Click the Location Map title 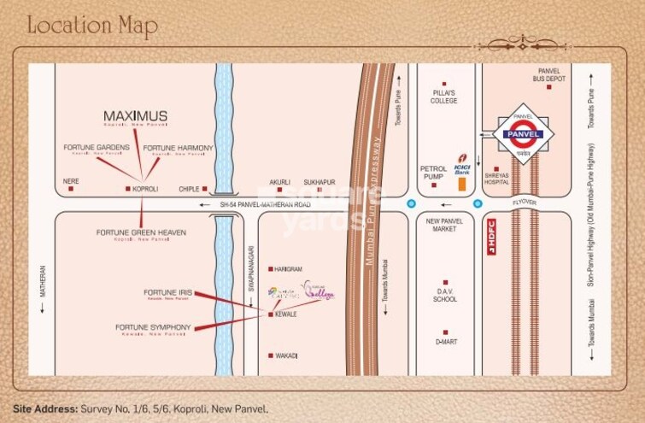click(92, 25)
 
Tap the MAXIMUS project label click(135, 115)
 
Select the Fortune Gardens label click(97, 147)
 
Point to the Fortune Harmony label click(178, 148)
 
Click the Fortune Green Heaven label click(141, 232)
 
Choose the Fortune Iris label click(167, 293)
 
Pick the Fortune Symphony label click(154, 326)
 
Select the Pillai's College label click(443, 97)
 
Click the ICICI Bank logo click(462, 162)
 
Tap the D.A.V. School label click(445, 295)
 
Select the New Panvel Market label click(443, 225)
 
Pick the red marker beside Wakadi click(271, 355)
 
